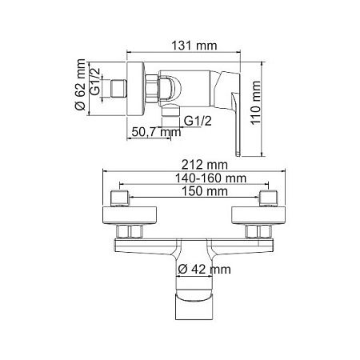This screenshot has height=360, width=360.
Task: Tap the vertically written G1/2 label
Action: [95, 83]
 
